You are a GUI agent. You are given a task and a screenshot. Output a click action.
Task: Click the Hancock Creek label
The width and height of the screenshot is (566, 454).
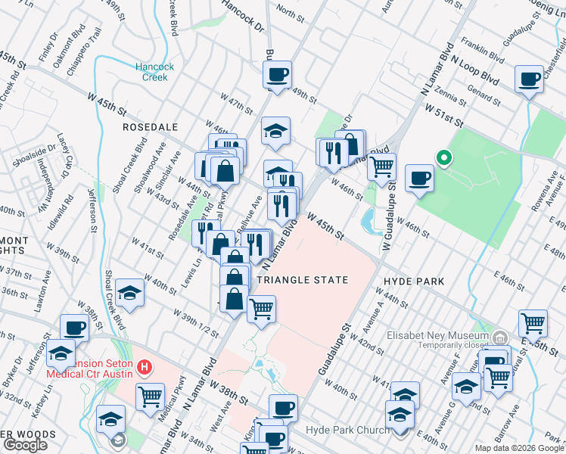click(154, 72)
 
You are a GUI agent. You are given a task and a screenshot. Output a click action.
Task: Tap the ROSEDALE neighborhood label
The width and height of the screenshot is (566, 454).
click(150, 128)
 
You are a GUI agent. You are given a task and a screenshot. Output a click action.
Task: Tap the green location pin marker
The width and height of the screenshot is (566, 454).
click(444, 158)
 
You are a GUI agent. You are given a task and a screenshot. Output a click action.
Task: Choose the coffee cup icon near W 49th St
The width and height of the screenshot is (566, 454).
click(276, 75)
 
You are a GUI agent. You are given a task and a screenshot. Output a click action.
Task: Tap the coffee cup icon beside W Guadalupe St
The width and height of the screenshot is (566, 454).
click(418, 179)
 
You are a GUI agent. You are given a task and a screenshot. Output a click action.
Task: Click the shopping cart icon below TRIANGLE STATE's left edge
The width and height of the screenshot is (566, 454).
click(261, 309)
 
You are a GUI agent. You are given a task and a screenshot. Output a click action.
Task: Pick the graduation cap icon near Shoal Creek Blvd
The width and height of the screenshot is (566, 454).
click(130, 293)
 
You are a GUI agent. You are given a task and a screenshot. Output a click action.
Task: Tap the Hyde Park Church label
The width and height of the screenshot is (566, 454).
click(347, 431)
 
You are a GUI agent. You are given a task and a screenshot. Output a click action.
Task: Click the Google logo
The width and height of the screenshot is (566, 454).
click(25, 445)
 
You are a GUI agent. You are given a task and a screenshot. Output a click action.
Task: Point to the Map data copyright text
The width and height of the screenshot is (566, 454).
click(519, 448)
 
